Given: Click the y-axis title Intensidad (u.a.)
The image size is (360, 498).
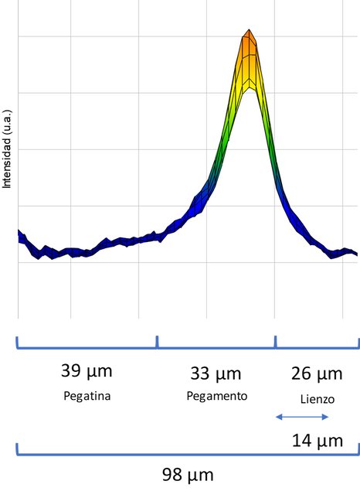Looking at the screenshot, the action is tap(7, 149).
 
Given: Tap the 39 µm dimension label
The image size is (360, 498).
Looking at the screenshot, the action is tap(87, 370).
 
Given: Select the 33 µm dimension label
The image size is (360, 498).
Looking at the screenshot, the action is tap(216, 373).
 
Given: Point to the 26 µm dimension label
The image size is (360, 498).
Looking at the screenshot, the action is tap(317, 373).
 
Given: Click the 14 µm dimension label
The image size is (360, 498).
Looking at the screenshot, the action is tap(318, 441).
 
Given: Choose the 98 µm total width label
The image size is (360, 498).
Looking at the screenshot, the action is tap(188, 475).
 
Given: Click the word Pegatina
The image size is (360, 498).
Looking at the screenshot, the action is tap(87, 396).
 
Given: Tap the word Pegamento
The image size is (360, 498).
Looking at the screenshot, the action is tap(217, 396).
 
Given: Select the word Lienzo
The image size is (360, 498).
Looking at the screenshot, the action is tap(318, 399).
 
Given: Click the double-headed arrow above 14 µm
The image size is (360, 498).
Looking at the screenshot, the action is tap(302, 417).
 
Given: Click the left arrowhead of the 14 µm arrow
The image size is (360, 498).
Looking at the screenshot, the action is tap(278, 417).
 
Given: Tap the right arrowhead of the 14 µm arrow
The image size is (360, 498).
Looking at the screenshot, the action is tap(325, 417).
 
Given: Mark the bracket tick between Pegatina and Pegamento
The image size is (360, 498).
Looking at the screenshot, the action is tap(157, 342).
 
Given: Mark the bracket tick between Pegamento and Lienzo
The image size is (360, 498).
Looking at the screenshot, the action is tap(275, 342).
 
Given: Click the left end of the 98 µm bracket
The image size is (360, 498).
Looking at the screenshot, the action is tap(17, 449).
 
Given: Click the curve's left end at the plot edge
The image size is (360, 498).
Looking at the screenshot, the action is tap(19, 237).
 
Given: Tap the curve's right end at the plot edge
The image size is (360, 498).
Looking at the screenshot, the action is tap(356, 253).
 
